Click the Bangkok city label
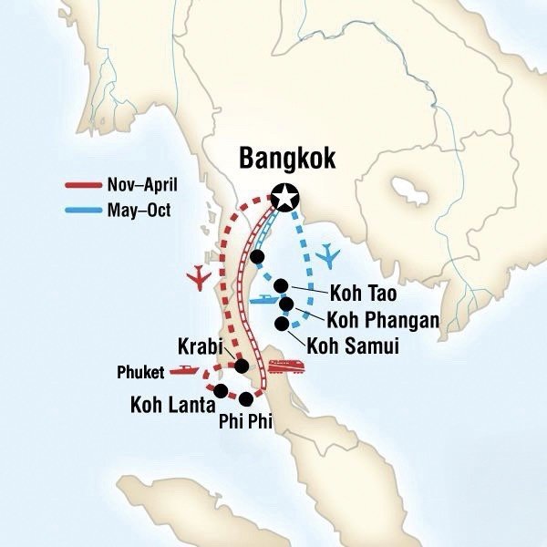click(x=287, y=159)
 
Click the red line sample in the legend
click(x=88, y=186)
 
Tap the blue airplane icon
click(x=328, y=254)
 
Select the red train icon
click(x=284, y=368)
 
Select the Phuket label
click(x=140, y=372)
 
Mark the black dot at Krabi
click(x=242, y=366)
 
